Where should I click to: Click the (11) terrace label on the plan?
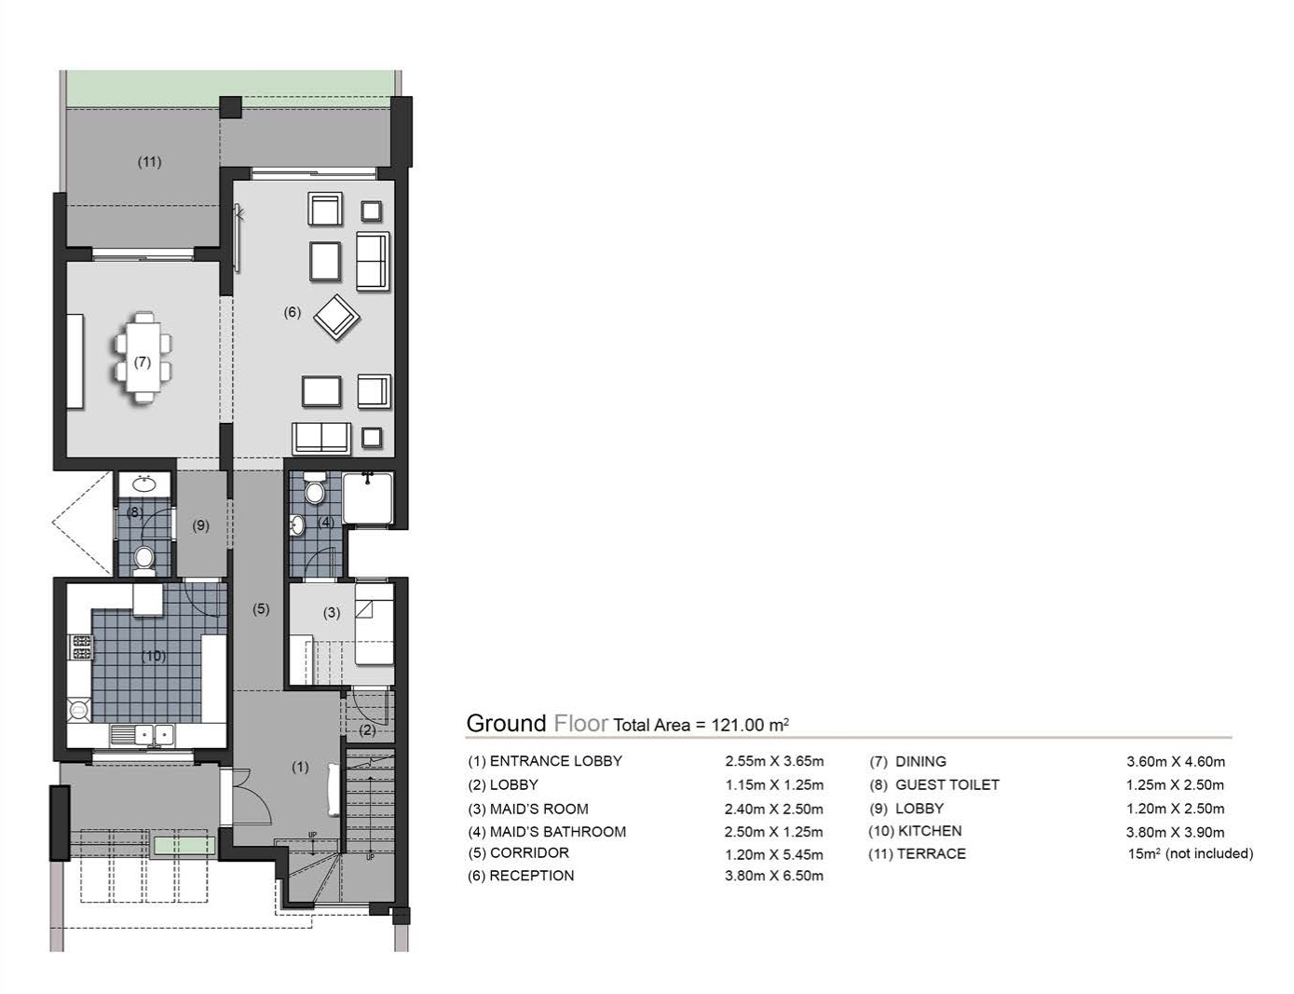pyautogui.click(x=149, y=162)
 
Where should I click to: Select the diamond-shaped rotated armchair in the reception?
pyautogui.click(x=336, y=318)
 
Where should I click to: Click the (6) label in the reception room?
pyautogui.click(x=293, y=312)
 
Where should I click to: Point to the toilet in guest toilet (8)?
pyautogui.click(x=143, y=558)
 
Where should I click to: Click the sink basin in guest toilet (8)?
pyautogui.click(x=143, y=483)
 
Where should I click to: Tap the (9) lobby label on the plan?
pyautogui.click(x=201, y=525)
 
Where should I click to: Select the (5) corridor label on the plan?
pyautogui.click(x=261, y=609)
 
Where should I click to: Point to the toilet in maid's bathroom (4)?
pyautogui.click(x=315, y=491)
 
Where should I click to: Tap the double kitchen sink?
pyautogui.click(x=154, y=734)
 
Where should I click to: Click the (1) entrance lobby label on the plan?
pyautogui.click(x=300, y=767)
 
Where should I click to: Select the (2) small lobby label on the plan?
pyautogui.click(x=368, y=729)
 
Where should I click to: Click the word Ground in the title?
pyautogui.click(x=506, y=724)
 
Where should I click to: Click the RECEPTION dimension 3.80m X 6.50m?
pyautogui.click(x=773, y=876)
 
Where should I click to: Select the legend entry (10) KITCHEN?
pyautogui.click(x=915, y=831)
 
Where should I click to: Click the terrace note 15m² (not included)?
pyautogui.click(x=1190, y=853)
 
